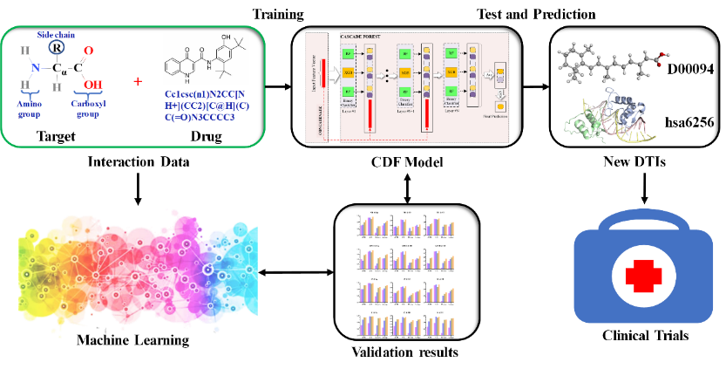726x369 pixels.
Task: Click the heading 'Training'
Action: pos(278,14)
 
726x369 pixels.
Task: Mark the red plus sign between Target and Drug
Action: pos(137,81)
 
